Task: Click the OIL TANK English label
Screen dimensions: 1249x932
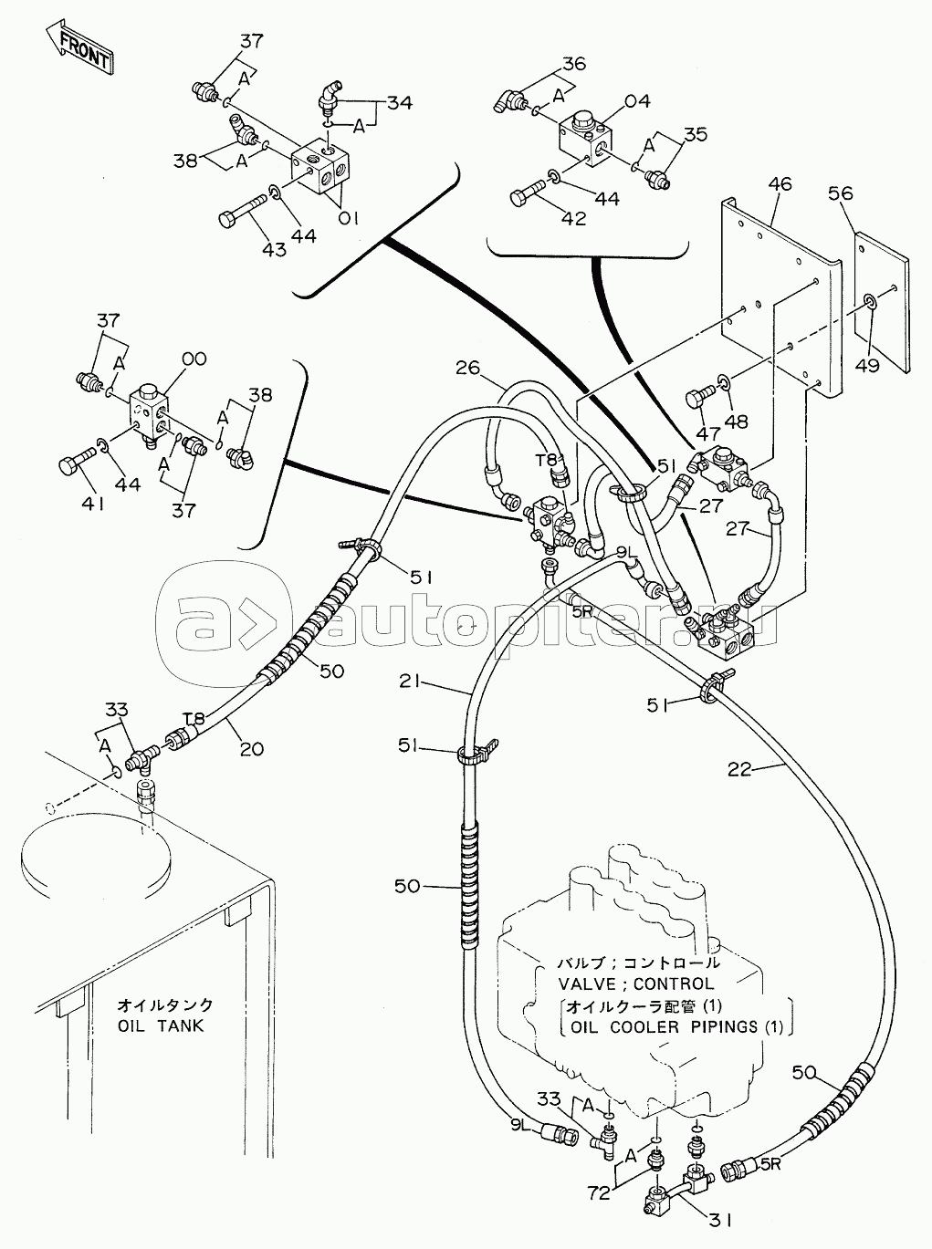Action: [x=161, y=1025]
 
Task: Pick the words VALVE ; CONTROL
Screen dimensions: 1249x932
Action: [x=636, y=984]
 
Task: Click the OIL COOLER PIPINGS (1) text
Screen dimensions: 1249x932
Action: [x=676, y=1025]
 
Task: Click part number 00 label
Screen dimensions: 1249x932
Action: [x=194, y=359]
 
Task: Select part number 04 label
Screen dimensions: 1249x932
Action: [x=637, y=101]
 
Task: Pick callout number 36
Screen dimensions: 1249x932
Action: [x=572, y=64]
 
